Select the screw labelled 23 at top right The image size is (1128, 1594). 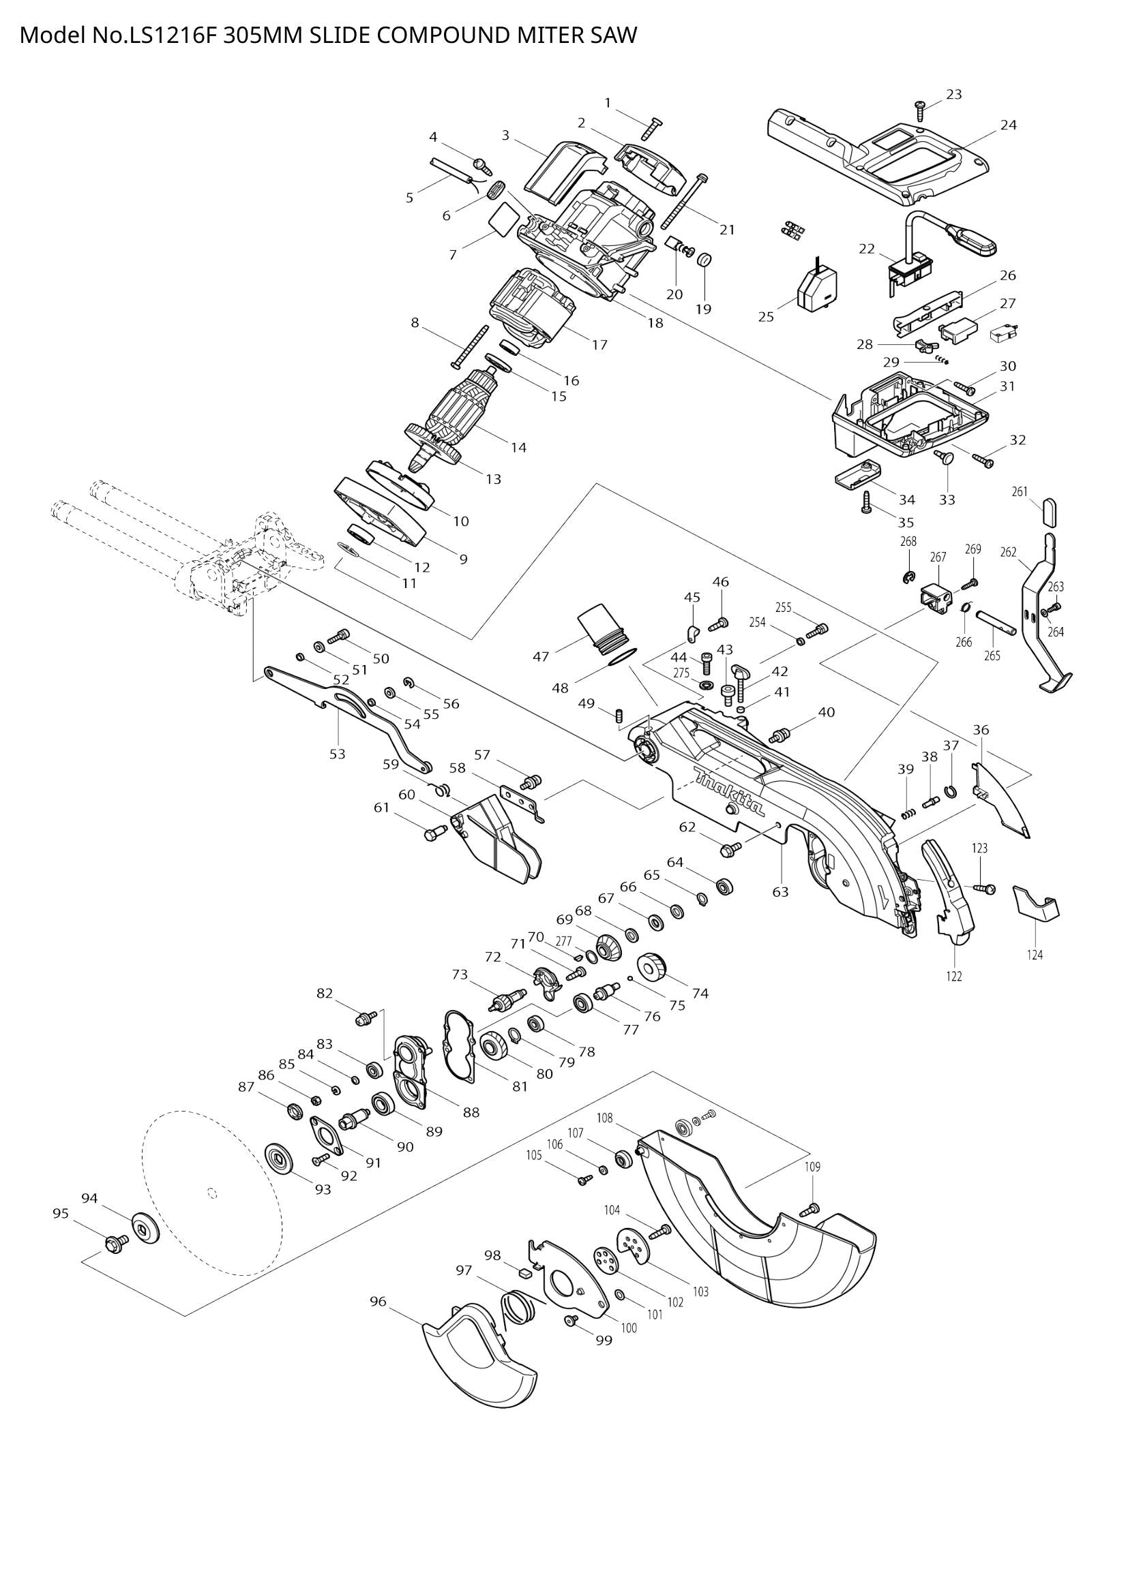tap(921, 106)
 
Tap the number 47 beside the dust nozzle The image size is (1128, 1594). tap(541, 656)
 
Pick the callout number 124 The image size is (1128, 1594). tap(1035, 955)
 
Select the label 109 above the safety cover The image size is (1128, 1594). tap(813, 1167)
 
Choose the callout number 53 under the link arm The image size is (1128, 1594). tap(337, 754)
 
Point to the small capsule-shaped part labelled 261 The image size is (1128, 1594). tap(1050, 512)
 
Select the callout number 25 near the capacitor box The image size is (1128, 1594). tap(765, 318)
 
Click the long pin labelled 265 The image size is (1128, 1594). tap(998, 622)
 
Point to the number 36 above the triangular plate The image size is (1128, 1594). tap(981, 731)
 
